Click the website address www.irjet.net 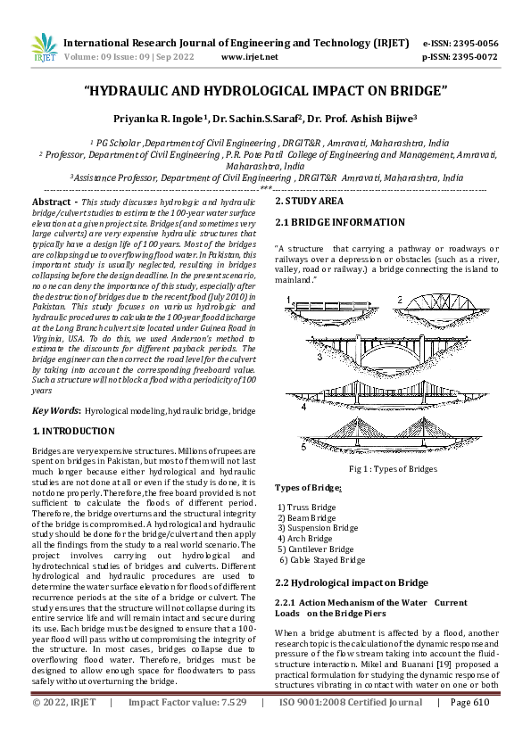pyautogui.click(x=249, y=56)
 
